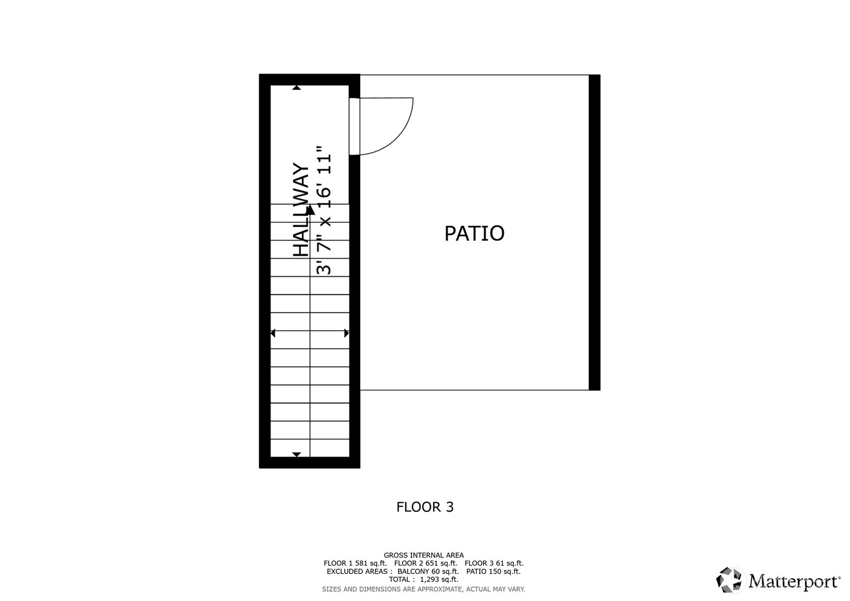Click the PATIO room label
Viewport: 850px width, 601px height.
[x=474, y=233]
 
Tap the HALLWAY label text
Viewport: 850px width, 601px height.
[x=302, y=210]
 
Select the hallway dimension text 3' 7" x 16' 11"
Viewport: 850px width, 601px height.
[x=324, y=210]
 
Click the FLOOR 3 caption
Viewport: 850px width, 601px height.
[x=425, y=507]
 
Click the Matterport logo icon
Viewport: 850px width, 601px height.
[x=729, y=580]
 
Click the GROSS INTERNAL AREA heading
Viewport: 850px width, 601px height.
[x=424, y=555]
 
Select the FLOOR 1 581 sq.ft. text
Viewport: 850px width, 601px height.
[x=355, y=563]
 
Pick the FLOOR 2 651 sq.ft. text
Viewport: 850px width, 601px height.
[x=426, y=563]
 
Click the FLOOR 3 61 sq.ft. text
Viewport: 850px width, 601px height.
[x=494, y=563]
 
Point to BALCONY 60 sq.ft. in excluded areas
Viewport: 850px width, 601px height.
[x=428, y=572]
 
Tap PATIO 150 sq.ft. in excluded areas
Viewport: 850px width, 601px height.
[x=493, y=572]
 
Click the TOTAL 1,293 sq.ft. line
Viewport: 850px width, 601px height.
[x=424, y=579]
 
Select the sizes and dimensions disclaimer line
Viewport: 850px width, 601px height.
[x=424, y=589]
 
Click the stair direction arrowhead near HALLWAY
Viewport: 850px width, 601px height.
[x=310, y=210]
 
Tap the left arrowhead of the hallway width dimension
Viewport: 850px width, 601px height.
[x=272, y=334]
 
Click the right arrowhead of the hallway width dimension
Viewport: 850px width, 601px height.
[x=346, y=334]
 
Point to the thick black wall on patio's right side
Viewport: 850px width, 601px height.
[x=594, y=232]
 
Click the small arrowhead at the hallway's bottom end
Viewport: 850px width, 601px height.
[x=296, y=454]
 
